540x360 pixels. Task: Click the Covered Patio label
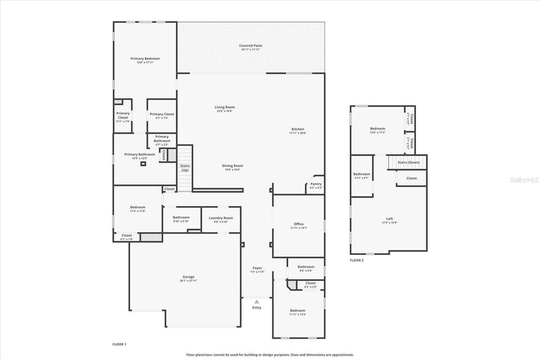(251, 46)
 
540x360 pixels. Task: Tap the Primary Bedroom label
(145, 59)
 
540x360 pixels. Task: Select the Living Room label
(224, 107)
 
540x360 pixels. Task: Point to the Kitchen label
(297, 129)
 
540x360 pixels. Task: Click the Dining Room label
(232, 166)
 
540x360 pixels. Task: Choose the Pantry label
(316, 184)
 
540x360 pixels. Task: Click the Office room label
(299, 224)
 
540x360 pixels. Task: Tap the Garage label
(188, 277)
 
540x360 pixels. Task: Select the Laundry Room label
(221, 218)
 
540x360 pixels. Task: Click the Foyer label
(257, 268)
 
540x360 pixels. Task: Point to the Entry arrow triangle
(256, 302)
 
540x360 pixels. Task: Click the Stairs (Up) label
(185, 168)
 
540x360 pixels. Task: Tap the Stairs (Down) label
(408, 162)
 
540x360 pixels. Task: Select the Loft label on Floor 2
(389, 219)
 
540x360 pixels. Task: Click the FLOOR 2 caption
(356, 260)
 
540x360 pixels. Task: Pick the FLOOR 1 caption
(119, 344)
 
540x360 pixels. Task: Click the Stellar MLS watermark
(524, 180)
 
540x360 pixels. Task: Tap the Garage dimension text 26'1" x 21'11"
(188, 281)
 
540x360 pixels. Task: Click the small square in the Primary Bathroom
(143, 164)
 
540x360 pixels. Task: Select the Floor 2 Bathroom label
(362, 174)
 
